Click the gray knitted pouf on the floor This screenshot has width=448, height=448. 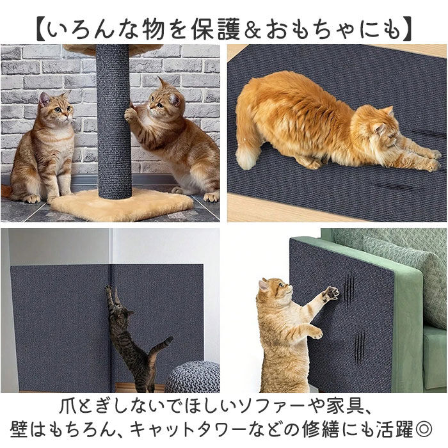click(192, 377)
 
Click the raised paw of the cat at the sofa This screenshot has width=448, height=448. click(330, 294)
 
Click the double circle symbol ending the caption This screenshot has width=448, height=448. click(424, 428)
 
